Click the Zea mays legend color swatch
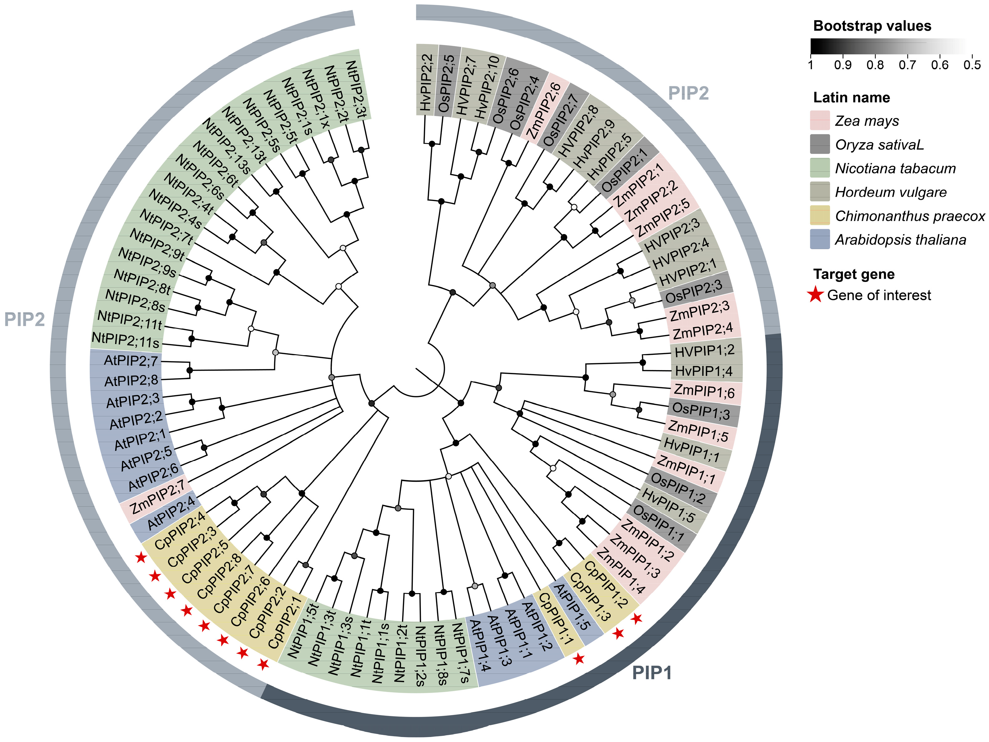pos(820,120)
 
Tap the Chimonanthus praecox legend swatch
pos(820,216)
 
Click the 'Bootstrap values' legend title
pos(872,26)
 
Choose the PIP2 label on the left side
pos(25,319)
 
